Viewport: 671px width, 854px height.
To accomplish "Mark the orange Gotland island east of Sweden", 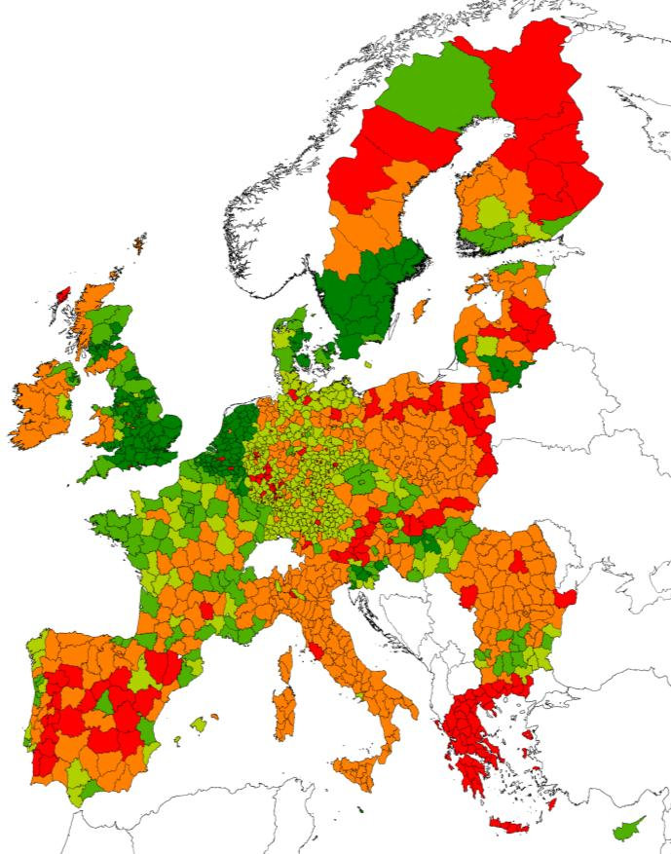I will [421, 312].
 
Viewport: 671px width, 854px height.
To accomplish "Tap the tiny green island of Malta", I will [361, 809].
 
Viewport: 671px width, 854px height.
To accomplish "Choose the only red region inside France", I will [205, 611].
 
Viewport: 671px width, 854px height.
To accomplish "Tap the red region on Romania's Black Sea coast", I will [567, 596].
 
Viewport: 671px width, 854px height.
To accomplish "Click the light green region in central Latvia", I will [485, 346].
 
